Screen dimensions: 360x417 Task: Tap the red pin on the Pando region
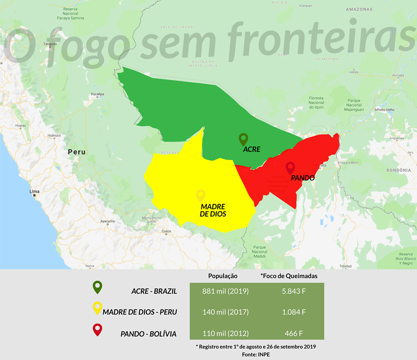290,168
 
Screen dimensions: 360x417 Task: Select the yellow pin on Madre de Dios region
200,195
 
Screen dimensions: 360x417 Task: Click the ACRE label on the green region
252,149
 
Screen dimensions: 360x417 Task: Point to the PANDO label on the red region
303,178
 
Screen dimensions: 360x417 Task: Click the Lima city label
34,192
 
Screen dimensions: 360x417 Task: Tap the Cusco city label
166,231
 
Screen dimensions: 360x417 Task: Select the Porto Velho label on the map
386,110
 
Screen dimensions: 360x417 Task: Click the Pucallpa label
97,94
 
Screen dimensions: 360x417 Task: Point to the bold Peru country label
76,152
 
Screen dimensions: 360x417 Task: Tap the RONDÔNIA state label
398,170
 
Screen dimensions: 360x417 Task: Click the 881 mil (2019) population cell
225,291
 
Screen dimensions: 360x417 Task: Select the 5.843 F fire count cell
294,291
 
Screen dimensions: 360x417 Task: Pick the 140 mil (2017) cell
225,312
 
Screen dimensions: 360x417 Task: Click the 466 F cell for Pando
294,333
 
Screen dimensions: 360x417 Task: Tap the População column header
223,276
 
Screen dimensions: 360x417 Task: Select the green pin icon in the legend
98,288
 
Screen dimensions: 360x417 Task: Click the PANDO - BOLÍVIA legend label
148,334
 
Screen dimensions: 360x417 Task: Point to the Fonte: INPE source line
256,354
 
